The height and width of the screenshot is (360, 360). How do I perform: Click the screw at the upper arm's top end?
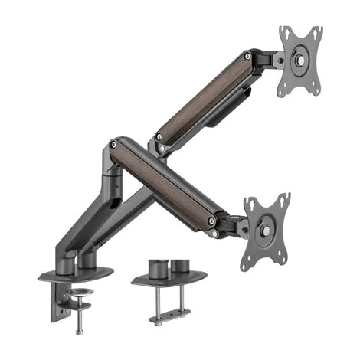pos(250,55)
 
